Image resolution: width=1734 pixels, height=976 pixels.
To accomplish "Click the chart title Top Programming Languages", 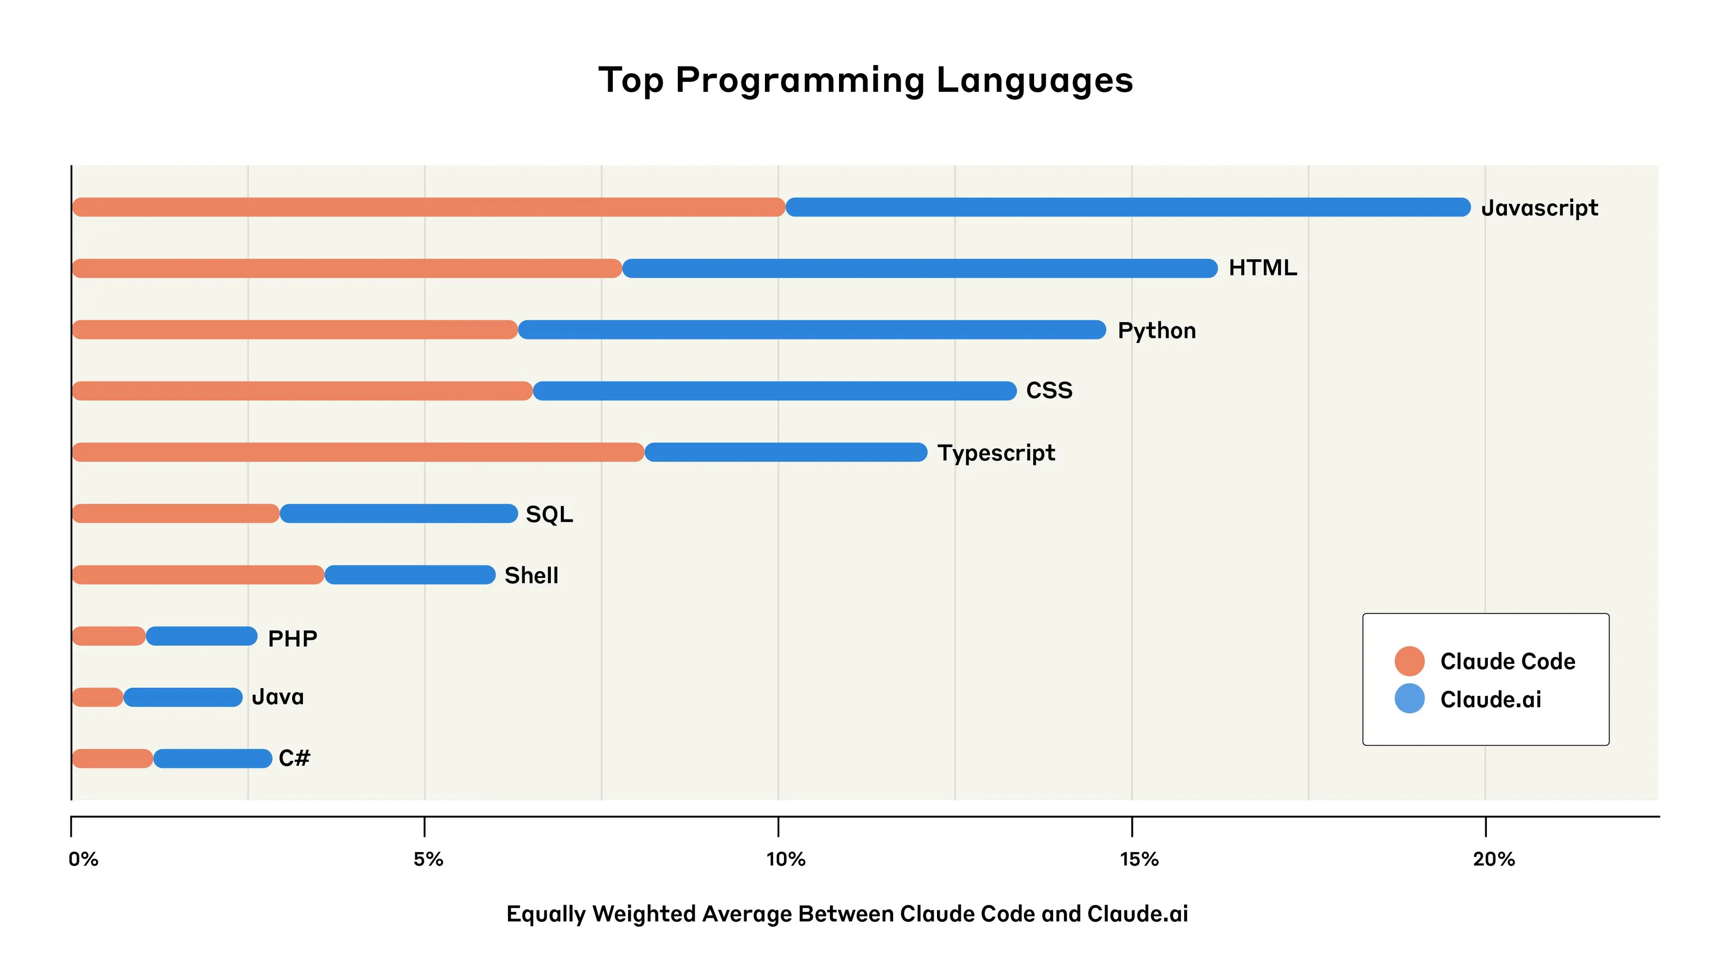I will point(866,80).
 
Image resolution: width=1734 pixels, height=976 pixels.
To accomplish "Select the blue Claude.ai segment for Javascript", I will point(1128,207).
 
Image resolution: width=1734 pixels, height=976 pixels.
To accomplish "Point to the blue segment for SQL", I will point(398,514).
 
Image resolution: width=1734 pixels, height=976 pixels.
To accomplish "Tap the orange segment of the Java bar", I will point(98,698).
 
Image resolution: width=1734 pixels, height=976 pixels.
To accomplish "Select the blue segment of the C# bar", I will point(213,759).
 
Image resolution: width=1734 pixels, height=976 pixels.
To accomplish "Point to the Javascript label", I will point(1539,208).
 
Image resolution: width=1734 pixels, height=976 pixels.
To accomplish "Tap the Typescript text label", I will point(996,453).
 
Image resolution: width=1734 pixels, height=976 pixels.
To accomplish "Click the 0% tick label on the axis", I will point(84,859).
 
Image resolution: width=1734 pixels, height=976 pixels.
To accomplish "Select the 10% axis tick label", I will point(786,859).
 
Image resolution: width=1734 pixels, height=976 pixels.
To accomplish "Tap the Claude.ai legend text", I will point(1490,700).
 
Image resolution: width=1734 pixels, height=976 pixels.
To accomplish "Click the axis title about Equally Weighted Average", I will point(847,914).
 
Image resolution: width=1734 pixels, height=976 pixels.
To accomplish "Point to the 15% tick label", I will point(1139,859).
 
